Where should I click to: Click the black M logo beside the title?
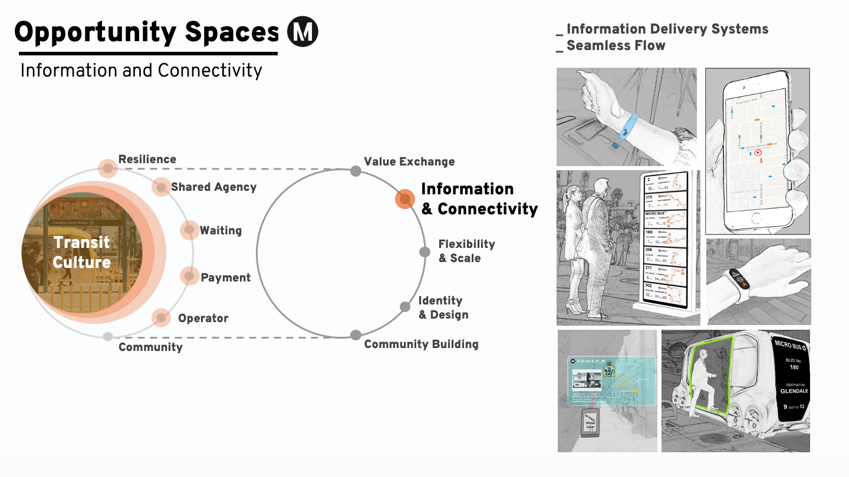pyautogui.click(x=302, y=32)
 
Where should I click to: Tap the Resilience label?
pyautogui.click(x=147, y=160)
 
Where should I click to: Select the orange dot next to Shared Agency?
pyautogui.click(x=161, y=187)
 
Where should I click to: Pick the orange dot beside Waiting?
pyautogui.click(x=189, y=230)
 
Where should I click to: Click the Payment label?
pyautogui.click(x=226, y=277)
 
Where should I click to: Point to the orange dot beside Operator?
pyautogui.click(x=161, y=317)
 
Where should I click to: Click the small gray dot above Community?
pyautogui.click(x=107, y=337)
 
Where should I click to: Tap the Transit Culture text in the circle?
pyautogui.click(x=82, y=252)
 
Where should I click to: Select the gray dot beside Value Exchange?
pyautogui.click(x=356, y=171)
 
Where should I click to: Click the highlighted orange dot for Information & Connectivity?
pyautogui.click(x=404, y=199)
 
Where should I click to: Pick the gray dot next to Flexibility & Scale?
pyautogui.click(x=424, y=252)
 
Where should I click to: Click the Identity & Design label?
pyautogui.click(x=443, y=307)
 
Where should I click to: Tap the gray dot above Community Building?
pyautogui.click(x=356, y=335)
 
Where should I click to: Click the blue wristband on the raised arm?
pyautogui.click(x=630, y=125)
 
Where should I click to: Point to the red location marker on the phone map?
pyautogui.click(x=758, y=153)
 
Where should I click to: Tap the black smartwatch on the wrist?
pyautogui.click(x=740, y=277)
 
